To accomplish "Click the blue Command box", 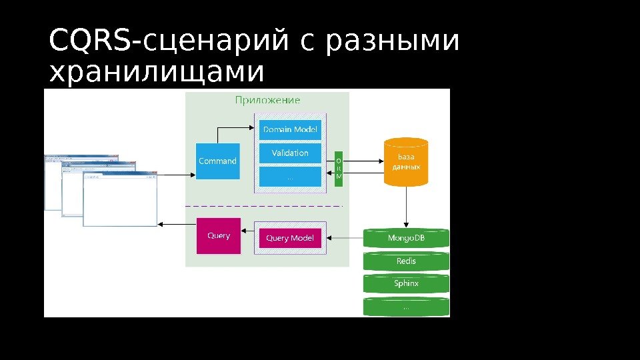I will point(217,161).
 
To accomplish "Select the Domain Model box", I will point(290,129).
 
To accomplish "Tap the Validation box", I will point(290,153).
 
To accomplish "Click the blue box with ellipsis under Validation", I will point(290,177).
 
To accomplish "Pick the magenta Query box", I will point(219,236).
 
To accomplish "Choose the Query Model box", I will point(290,238).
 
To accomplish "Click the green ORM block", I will point(339,169).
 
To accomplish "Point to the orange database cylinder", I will point(405,162).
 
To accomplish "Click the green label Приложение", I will point(267,101).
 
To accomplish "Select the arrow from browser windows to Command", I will point(177,175).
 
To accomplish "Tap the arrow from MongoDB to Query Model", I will point(344,237).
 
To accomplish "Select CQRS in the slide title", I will point(91,41).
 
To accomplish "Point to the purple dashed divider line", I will point(267,206).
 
